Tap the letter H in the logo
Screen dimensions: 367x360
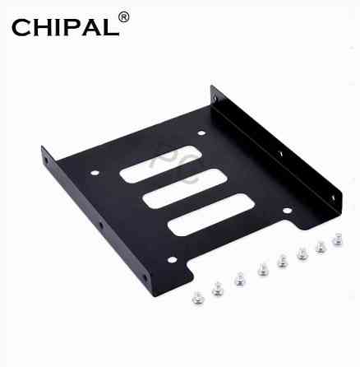pos(46,30)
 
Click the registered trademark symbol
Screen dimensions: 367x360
pos(125,16)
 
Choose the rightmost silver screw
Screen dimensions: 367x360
pos(336,239)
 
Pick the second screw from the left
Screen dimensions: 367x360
pos(218,288)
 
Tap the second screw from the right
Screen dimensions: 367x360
pos(321,245)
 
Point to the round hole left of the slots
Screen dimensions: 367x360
pos(95,173)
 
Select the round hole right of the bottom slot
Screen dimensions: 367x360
pos(287,211)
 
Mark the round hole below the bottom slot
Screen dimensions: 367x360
pos(172,260)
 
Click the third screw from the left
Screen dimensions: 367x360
pos(240,279)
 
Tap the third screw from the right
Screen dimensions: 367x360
pos(302,253)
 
